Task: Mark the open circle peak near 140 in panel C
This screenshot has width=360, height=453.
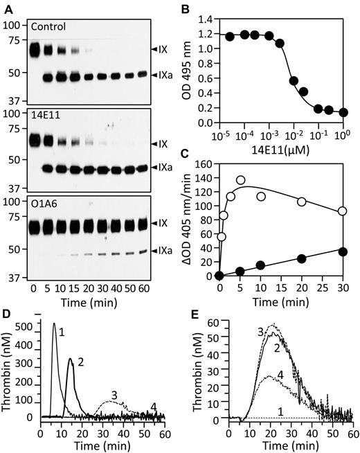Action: click(241, 199)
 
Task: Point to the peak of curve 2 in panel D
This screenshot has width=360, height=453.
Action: click(70, 359)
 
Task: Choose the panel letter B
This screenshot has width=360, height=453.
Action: click(190, 8)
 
